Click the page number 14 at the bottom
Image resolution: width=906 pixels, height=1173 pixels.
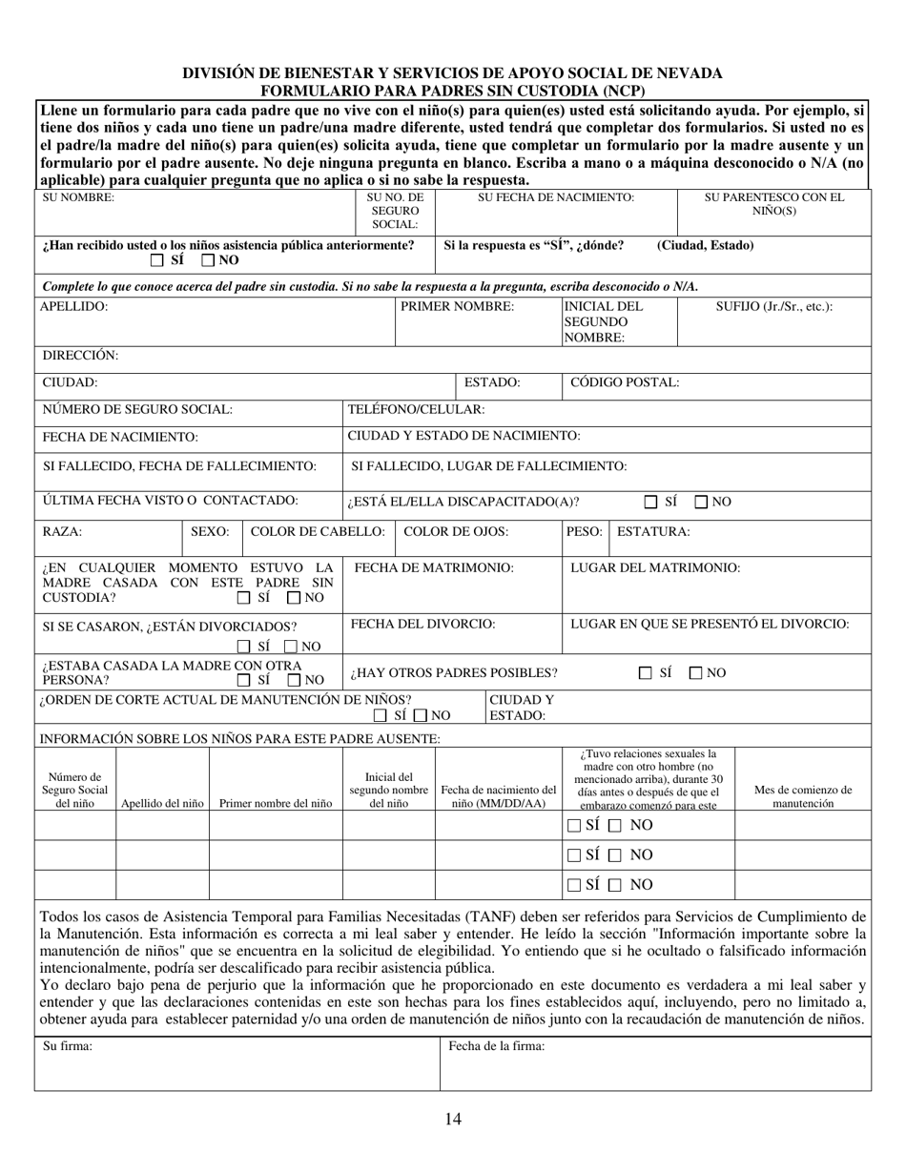click(453, 1120)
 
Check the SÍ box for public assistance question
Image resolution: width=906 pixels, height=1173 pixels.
click(157, 260)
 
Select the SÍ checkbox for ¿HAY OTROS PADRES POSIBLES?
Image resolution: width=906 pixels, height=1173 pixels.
click(646, 673)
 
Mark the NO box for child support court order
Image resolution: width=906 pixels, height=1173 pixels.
click(420, 715)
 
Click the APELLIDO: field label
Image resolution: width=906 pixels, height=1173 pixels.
click(74, 307)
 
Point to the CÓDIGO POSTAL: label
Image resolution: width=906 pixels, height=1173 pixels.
click(625, 382)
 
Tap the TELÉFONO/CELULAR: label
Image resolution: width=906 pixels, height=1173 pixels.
click(416, 409)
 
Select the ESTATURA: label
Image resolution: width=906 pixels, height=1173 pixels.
click(653, 531)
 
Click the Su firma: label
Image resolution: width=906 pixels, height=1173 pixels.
click(68, 1046)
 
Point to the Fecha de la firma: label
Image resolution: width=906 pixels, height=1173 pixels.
click(497, 1046)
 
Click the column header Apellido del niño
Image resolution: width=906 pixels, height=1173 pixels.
click(162, 803)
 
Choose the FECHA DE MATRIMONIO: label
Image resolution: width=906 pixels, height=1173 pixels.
click(434, 567)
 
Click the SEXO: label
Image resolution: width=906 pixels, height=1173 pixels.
click(211, 531)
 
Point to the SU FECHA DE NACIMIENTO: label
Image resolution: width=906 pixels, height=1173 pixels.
click(556, 197)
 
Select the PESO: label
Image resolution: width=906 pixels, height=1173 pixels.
click(585, 531)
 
